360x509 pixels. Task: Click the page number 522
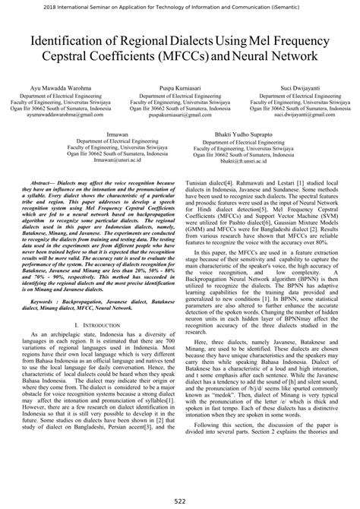click(179, 499)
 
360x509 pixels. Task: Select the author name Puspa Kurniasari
click(180, 89)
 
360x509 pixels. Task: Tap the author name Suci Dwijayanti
click(292, 89)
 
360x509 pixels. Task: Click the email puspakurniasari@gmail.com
click(180, 115)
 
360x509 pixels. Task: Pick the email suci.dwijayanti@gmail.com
click(292, 115)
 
